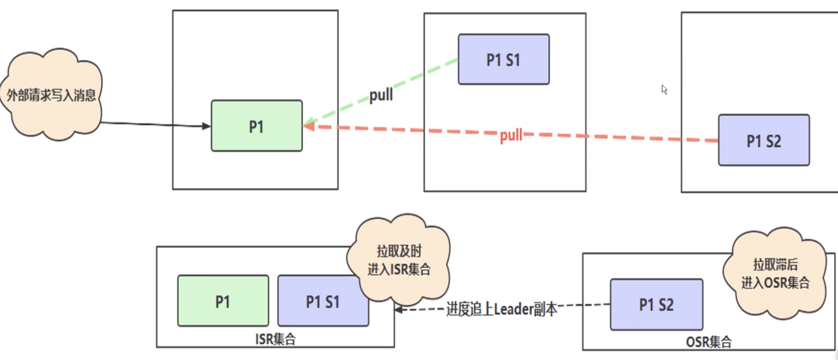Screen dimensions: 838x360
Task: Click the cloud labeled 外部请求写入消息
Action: pos(51,94)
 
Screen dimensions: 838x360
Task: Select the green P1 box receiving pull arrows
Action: pos(257,126)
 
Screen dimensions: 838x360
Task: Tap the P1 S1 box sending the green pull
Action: pos(503,59)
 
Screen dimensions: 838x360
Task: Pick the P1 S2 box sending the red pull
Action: pos(764,140)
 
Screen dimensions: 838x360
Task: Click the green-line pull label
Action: pos(381,95)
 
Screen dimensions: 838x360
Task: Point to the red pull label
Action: pos(511,135)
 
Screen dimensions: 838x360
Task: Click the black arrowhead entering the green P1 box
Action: pos(206,126)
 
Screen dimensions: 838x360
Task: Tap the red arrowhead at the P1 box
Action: pos(308,126)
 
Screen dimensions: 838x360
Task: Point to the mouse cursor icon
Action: pos(665,90)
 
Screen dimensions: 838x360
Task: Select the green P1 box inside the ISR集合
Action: pos(223,301)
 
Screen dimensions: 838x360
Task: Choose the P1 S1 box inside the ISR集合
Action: pos(323,301)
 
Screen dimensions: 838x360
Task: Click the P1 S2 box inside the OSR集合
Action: pos(657,304)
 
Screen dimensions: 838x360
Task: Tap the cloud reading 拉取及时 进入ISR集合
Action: pos(399,260)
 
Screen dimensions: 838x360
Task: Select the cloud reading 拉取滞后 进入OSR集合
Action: pos(775,274)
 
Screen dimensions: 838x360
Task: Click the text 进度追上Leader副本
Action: pos(501,310)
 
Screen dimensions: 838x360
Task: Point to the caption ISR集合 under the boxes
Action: pos(276,339)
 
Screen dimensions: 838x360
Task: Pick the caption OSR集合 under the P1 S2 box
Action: pos(709,342)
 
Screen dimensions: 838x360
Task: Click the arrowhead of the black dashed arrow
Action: pos(399,310)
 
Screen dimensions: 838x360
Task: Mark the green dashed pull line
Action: pos(381,92)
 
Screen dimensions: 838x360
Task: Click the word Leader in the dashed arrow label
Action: pos(514,310)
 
